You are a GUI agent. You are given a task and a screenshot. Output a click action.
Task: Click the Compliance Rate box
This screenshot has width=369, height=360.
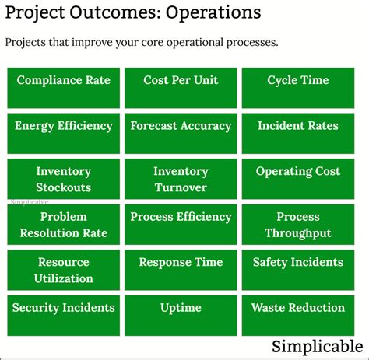(x=63, y=88)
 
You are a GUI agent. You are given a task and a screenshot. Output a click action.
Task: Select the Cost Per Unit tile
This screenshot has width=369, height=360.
(x=181, y=88)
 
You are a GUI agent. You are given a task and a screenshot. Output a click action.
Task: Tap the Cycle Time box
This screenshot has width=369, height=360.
(x=297, y=88)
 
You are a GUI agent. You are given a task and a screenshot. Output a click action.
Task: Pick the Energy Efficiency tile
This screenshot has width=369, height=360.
(x=63, y=133)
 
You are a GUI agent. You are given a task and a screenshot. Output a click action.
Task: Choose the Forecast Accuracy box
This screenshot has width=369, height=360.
(x=181, y=133)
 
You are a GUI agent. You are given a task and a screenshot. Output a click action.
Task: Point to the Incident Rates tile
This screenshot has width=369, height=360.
(x=297, y=133)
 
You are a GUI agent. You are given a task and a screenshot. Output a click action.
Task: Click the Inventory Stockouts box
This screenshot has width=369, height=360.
(x=63, y=179)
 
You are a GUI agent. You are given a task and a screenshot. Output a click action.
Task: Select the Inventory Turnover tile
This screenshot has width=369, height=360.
(x=181, y=179)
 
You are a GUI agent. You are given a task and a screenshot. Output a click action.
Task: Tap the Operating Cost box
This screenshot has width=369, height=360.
(x=297, y=179)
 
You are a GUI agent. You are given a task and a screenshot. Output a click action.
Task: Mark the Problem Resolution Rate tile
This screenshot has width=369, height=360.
(x=63, y=225)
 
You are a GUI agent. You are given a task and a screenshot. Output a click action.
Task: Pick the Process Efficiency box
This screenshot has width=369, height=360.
(x=181, y=225)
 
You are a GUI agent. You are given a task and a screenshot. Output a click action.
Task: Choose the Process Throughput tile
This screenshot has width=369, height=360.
(x=297, y=225)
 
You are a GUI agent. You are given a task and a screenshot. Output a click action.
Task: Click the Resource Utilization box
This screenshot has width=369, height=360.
(x=63, y=270)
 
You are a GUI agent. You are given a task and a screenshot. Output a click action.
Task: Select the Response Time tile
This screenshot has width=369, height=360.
(x=181, y=270)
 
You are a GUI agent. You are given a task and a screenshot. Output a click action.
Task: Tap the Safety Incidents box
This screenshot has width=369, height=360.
(x=297, y=270)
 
